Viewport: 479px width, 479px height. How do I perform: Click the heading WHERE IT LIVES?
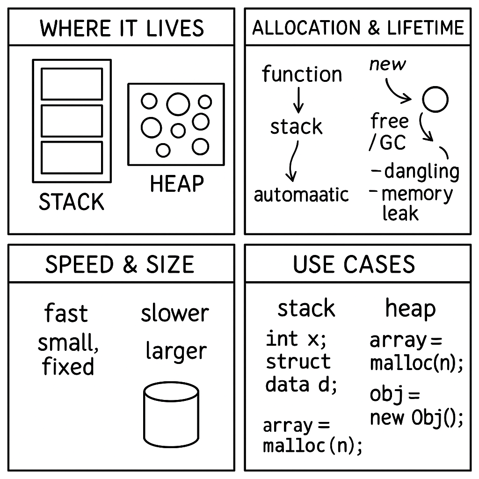click(x=122, y=28)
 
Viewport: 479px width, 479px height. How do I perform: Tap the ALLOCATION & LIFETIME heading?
click(x=358, y=28)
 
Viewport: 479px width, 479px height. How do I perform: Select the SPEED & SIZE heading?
click(x=120, y=265)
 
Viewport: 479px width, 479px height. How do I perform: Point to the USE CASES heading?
click(x=354, y=265)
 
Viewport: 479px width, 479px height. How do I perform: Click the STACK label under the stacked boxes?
click(x=72, y=202)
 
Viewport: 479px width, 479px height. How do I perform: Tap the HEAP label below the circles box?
click(x=177, y=183)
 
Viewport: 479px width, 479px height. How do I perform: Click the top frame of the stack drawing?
click(x=72, y=84)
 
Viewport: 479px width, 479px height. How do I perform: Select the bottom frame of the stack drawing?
click(x=72, y=158)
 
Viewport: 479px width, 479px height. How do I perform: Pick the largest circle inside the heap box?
click(x=178, y=104)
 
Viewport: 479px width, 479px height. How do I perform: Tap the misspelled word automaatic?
click(x=301, y=195)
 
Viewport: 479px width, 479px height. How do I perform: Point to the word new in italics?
click(x=387, y=64)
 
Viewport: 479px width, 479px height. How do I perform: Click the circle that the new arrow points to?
click(x=435, y=99)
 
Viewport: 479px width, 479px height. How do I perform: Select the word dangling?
click(x=421, y=172)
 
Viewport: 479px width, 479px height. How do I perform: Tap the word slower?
click(x=175, y=313)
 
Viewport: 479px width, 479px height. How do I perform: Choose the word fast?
click(x=66, y=313)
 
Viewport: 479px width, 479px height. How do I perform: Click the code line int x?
click(x=296, y=339)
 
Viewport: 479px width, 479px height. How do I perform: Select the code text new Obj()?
click(x=416, y=418)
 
